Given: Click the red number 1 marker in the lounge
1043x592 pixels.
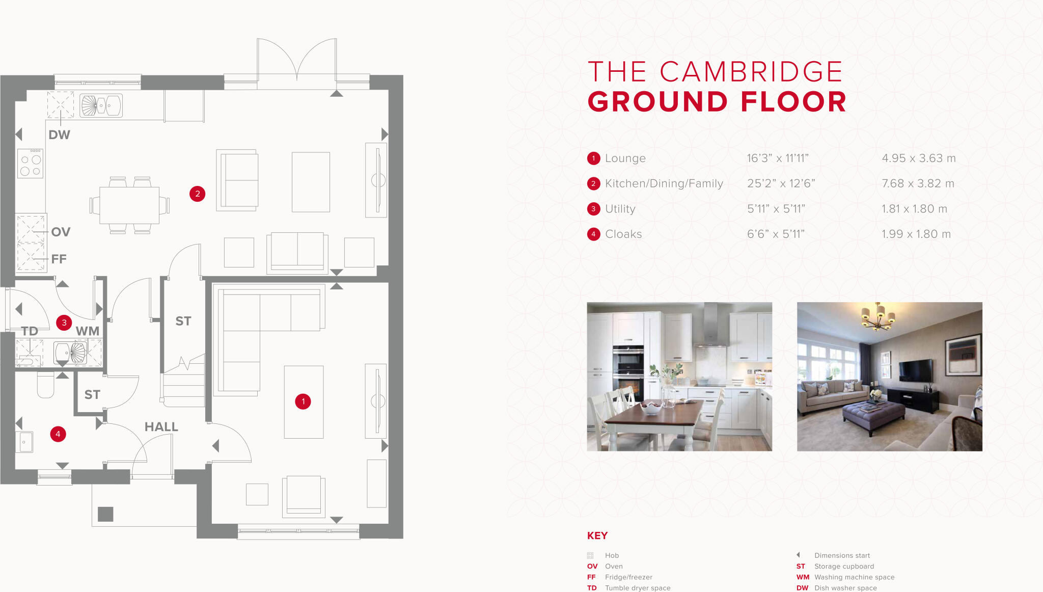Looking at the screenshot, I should (x=303, y=401).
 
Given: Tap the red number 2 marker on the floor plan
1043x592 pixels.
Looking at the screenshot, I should (x=198, y=194).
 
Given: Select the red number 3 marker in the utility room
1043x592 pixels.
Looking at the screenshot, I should (x=64, y=322).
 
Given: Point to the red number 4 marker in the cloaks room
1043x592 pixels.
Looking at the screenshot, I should (x=58, y=434).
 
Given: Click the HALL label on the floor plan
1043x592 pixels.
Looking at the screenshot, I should (x=161, y=427).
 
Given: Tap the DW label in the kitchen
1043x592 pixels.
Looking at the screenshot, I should (x=59, y=135).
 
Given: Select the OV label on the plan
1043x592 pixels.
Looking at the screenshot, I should (x=61, y=232).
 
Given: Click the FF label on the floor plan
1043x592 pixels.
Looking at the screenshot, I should (x=59, y=259).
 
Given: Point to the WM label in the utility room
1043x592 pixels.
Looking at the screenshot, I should (x=88, y=331).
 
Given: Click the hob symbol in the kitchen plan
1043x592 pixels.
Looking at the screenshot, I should (x=31, y=164).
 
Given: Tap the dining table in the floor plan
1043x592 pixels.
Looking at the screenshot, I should (x=129, y=205).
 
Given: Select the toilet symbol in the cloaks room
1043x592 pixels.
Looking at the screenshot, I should (x=45, y=385).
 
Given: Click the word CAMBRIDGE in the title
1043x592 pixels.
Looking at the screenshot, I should (x=751, y=72).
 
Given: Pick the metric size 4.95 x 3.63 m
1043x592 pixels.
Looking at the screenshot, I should (x=918, y=158).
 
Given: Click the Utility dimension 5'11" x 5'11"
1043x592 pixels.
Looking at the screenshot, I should (x=776, y=209).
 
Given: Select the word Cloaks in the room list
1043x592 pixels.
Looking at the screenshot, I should (x=623, y=234).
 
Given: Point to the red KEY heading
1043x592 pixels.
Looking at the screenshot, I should (x=597, y=535).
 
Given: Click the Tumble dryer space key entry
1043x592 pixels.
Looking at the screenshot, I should (x=637, y=588).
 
